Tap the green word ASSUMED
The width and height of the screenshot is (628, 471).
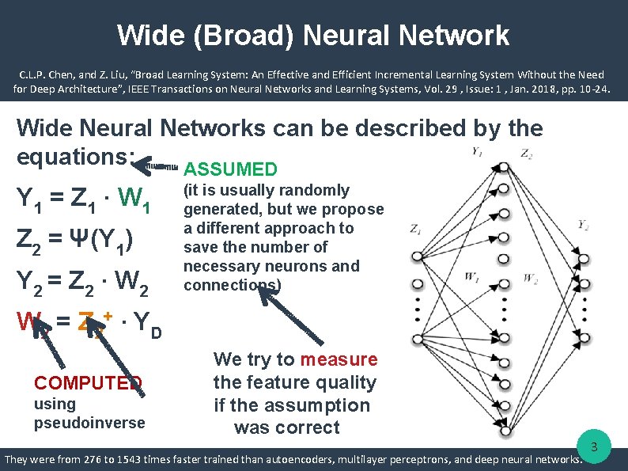point(230,169)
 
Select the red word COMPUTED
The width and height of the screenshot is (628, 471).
point(88,383)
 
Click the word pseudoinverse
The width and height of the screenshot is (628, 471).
point(89,423)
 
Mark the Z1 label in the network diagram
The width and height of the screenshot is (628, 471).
point(416,230)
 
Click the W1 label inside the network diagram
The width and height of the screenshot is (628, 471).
point(471,277)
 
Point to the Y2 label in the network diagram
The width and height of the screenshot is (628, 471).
point(583,226)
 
